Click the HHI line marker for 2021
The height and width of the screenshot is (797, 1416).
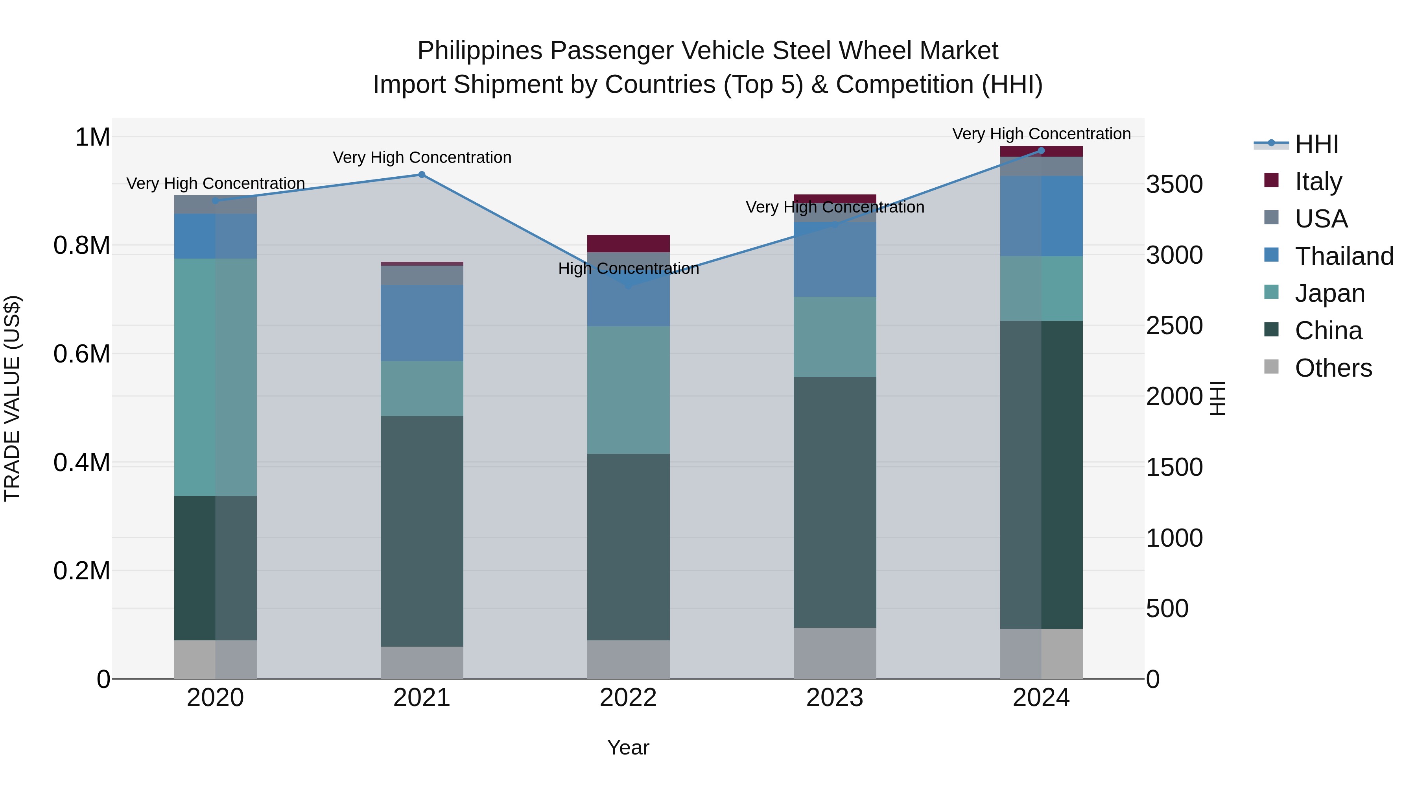(x=422, y=175)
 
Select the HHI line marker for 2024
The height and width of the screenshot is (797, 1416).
(x=1041, y=151)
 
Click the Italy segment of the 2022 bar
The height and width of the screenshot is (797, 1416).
(x=628, y=244)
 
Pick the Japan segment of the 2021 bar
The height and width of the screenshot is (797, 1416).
(x=422, y=388)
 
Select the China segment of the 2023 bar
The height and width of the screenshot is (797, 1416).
(x=834, y=502)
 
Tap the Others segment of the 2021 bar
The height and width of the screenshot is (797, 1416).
(x=422, y=662)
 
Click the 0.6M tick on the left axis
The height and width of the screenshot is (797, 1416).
(x=82, y=354)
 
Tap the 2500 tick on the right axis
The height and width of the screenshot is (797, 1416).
(x=1174, y=325)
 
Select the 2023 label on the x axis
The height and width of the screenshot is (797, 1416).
(x=834, y=698)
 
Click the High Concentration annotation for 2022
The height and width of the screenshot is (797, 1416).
(x=628, y=268)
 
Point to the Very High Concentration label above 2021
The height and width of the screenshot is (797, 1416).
(x=422, y=157)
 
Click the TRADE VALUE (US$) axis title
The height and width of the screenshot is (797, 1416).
(x=12, y=398)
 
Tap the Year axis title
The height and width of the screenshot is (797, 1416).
(x=628, y=747)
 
